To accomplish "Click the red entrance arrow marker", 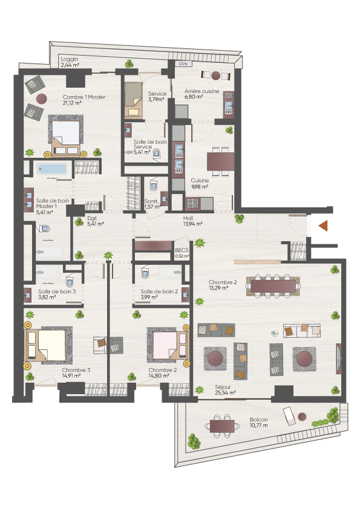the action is [x=323, y=225].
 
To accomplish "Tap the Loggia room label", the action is [x=70, y=62].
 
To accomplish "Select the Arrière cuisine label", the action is [x=201, y=94].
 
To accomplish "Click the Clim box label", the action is [x=183, y=64].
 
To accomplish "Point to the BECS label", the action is [x=182, y=253].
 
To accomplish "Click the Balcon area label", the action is [x=258, y=423].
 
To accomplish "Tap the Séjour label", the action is [x=225, y=389].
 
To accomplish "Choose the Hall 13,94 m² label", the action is [x=192, y=221].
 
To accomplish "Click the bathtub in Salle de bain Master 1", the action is [x=51, y=169].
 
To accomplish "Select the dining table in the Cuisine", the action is [x=221, y=161].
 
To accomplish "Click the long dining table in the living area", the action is [x=273, y=286].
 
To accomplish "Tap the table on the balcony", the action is [x=222, y=426].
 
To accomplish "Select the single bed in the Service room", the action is [x=134, y=100].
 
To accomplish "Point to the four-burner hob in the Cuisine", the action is [x=192, y=204].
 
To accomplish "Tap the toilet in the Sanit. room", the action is [x=153, y=185].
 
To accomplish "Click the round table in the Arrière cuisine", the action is [x=216, y=76].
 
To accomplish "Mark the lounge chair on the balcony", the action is [x=289, y=416].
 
